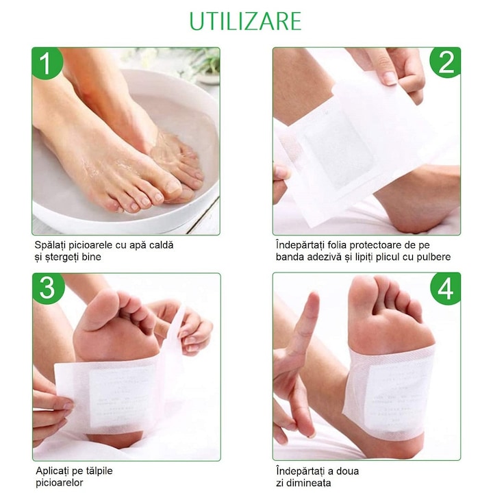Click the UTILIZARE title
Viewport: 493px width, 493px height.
point(245,21)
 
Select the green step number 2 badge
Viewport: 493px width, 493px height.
point(445,62)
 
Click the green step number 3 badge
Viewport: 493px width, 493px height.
point(47,288)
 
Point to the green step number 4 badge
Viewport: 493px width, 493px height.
point(445,288)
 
